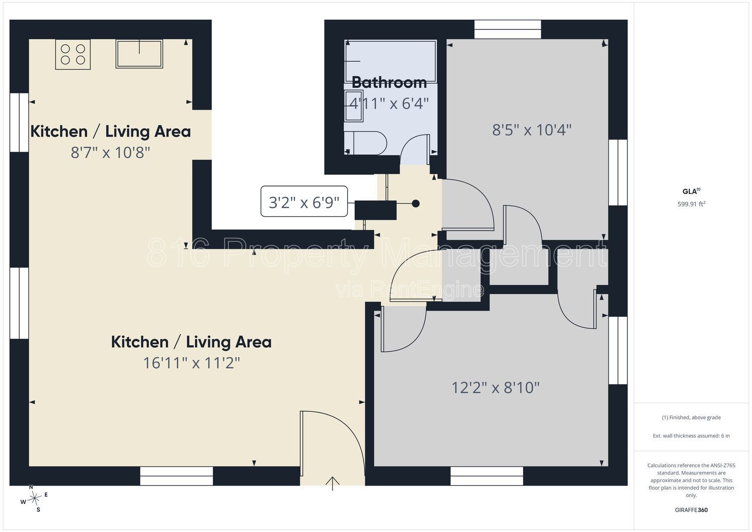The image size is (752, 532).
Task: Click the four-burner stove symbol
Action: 73,54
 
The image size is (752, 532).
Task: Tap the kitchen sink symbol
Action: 139,54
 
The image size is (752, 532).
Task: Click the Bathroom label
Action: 389,83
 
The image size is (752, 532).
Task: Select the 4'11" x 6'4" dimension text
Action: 389,103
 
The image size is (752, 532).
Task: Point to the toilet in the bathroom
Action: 366,143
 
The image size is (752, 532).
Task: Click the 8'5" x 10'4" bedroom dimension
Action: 532,130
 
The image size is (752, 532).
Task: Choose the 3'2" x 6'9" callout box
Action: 304,201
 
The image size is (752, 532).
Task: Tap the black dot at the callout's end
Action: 416,203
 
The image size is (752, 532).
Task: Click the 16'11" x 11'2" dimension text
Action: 192,363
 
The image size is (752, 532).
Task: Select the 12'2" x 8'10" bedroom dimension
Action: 495,388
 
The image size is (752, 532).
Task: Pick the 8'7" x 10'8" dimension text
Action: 110,153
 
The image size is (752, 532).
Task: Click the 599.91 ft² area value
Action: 691,204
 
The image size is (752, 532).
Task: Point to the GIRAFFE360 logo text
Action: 691,510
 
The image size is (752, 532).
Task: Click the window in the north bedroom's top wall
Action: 508,29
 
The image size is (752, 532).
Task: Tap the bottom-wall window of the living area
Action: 177,476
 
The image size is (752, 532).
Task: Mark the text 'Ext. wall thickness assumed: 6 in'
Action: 691,435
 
